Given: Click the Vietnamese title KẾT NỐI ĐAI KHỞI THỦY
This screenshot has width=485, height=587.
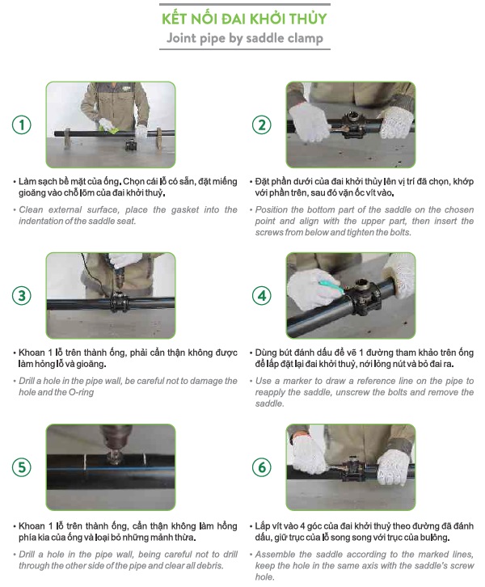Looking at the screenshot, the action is click(x=244, y=19).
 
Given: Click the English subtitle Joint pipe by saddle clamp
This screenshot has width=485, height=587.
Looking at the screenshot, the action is click(x=245, y=38).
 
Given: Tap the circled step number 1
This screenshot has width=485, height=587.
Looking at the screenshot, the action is click(x=22, y=125).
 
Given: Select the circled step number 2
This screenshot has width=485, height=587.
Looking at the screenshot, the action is click(x=262, y=125).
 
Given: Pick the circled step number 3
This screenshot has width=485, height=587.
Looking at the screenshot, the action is click(x=22, y=295).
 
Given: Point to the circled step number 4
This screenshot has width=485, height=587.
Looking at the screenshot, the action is click(x=262, y=295).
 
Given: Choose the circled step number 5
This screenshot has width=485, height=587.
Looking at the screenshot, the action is click(x=22, y=467).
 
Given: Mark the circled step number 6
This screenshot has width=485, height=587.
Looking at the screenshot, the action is click(x=262, y=467).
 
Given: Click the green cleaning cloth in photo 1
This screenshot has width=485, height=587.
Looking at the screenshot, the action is click(x=112, y=129).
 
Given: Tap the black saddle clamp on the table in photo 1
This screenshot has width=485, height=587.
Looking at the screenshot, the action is click(x=131, y=145).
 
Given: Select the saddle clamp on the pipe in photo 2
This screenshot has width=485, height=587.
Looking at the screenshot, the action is click(x=351, y=125).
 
